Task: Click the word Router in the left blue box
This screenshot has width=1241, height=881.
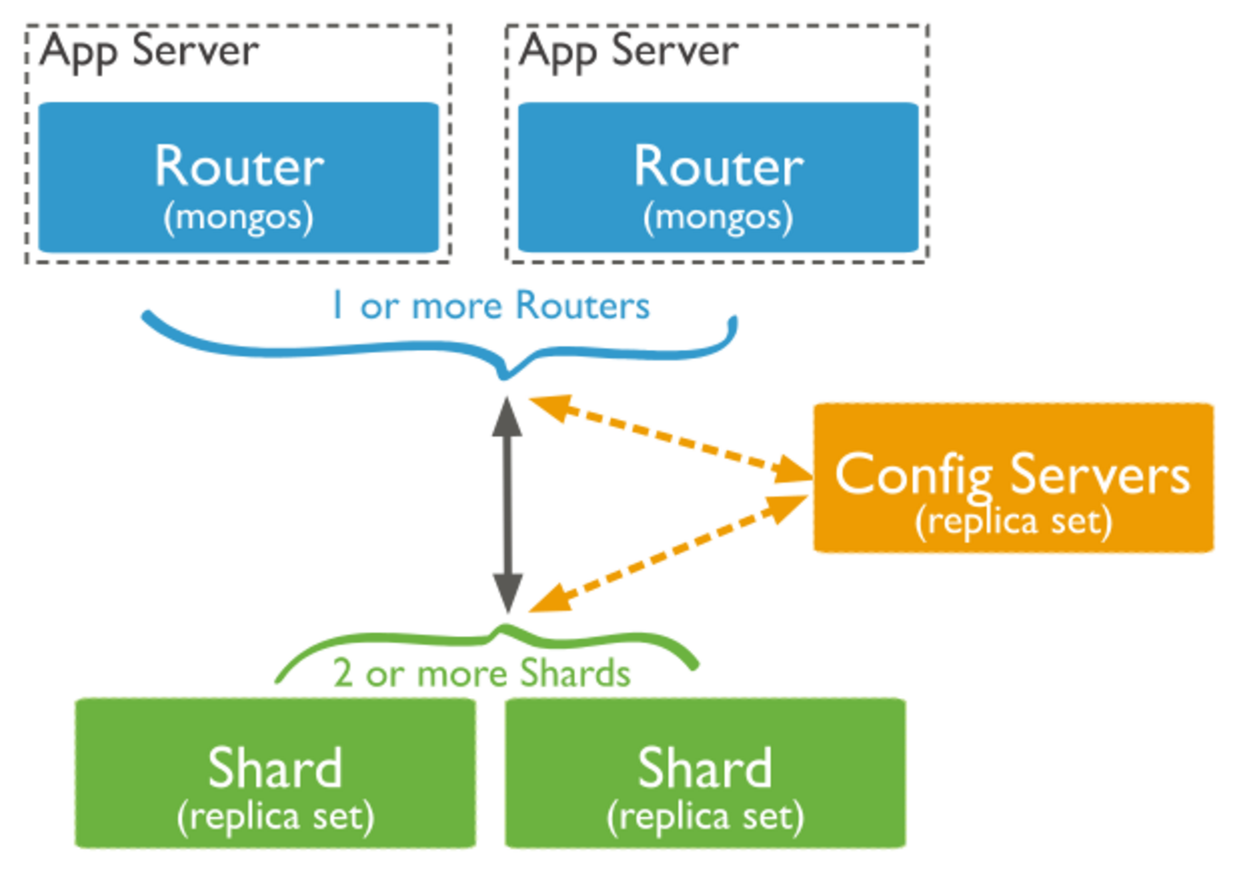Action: tap(239, 166)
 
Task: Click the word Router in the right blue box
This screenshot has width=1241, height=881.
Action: tap(719, 166)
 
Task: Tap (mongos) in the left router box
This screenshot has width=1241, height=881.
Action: tap(239, 218)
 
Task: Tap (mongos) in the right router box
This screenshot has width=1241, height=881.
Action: tap(718, 218)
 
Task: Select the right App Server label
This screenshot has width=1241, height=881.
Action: tap(628, 50)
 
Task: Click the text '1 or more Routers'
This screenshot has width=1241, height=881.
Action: tap(492, 306)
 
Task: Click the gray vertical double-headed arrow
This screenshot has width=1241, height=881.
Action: tap(507, 505)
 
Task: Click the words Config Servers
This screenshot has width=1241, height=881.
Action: tap(1012, 474)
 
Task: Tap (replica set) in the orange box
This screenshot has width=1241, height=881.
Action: tap(1013, 522)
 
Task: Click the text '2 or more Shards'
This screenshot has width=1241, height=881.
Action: tap(480, 673)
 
